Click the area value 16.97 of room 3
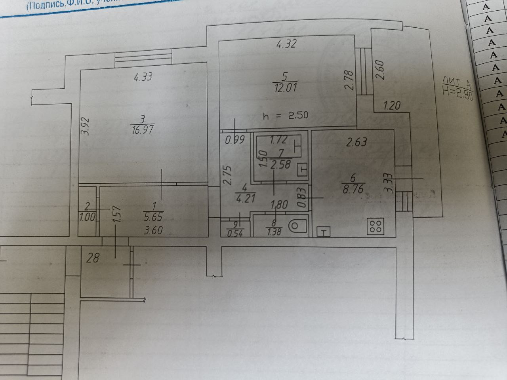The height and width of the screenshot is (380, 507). point(141,130)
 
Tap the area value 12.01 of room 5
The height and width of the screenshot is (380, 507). point(286,87)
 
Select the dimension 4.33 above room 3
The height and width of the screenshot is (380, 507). point(143,76)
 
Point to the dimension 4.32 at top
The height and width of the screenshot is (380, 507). point(286,44)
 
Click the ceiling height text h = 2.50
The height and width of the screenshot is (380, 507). point(285,116)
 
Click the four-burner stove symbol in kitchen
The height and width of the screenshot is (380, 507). point(375,226)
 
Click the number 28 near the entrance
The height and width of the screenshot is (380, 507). point(93,258)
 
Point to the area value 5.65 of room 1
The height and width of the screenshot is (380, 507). point(154,217)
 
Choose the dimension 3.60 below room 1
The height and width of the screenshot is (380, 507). point(154,230)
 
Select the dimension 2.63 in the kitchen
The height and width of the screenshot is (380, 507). point(357,142)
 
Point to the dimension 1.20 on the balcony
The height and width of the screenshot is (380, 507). point(392,106)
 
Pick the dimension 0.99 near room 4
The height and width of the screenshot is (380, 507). point(234,140)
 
